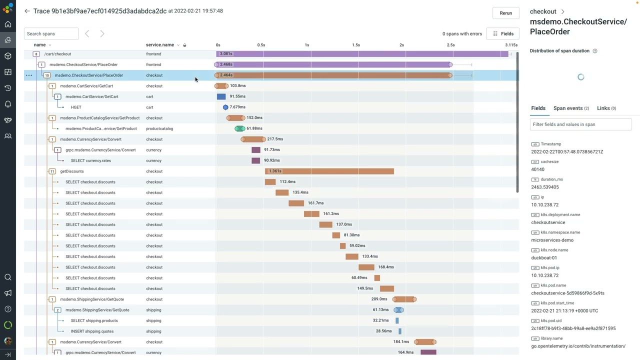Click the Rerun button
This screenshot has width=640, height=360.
(x=505, y=13)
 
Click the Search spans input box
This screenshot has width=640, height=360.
(x=51, y=33)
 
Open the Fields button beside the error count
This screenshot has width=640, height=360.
(x=502, y=33)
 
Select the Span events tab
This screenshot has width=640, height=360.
(x=571, y=108)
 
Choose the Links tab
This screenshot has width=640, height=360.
(x=606, y=108)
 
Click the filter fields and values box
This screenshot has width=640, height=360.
(x=580, y=124)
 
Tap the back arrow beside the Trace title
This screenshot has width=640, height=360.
(x=27, y=11)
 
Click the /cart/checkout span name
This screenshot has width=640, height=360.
(x=57, y=54)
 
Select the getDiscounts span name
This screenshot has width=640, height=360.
(x=72, y=171)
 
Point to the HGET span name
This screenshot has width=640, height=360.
(x=76, y=107)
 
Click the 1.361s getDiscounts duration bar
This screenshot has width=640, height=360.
(x=329, y=171)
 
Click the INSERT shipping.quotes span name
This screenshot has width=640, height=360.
(x=92, y=331)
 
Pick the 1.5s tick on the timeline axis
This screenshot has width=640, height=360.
(x=355, y=45)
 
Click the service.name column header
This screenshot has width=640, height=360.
(x=160, y=45)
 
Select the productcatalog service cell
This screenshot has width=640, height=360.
(x=159, y=129)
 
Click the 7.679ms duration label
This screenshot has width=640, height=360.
(x=237, y=107)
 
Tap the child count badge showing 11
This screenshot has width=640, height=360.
(x=52, y=171)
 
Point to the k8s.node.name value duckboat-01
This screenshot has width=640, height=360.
(x=544, y=257)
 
